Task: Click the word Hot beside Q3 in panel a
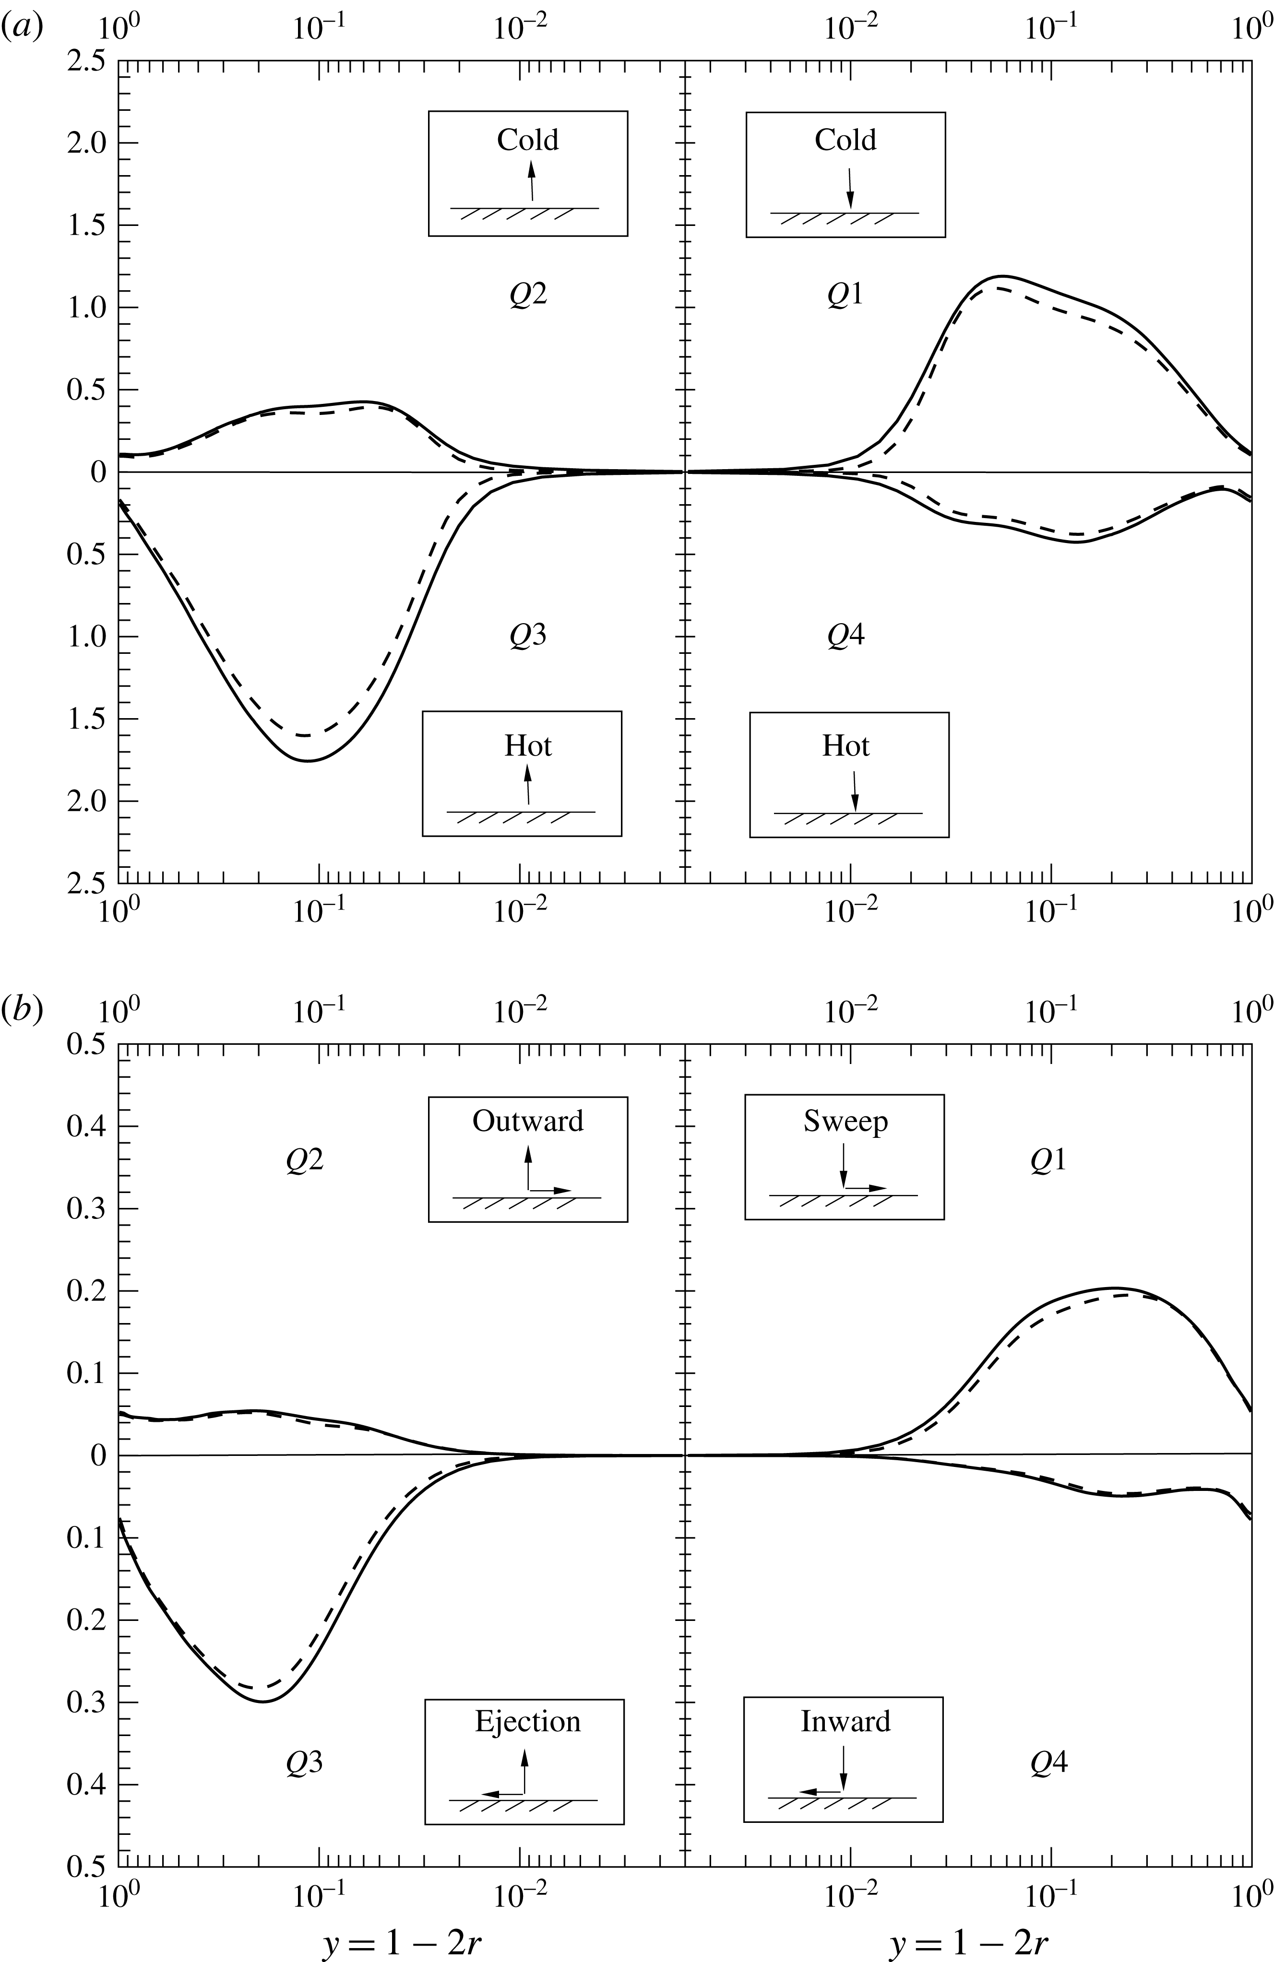tap(528, 746)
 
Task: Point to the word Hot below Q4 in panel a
tap(845, 746)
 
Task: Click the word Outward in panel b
tap(528, 1121)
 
